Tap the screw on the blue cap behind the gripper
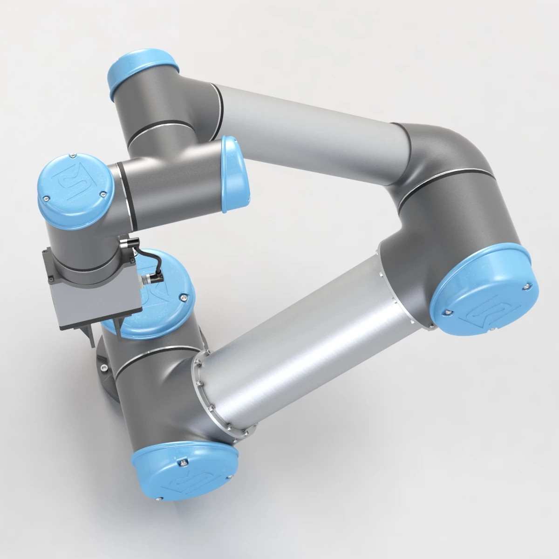tap(185, 297)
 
